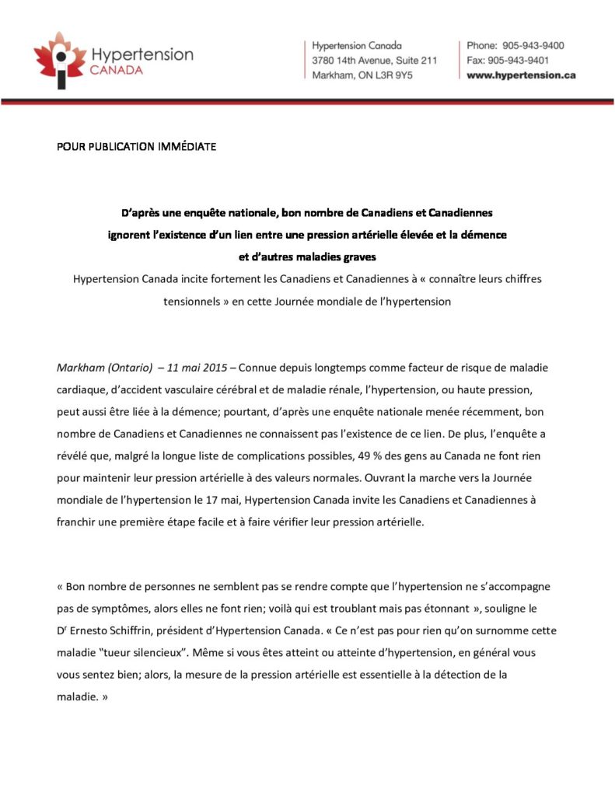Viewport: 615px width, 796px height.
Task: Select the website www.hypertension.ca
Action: pyautogui.click(x=521, y=75)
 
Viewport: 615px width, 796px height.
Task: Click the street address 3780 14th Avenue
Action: pyautogui.click(x=351, y=60)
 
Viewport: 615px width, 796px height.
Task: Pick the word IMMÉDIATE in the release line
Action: pyautogui.click(x=190, y=146)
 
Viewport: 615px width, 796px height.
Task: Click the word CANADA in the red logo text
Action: pyautogui.click(x=117, y=70)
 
